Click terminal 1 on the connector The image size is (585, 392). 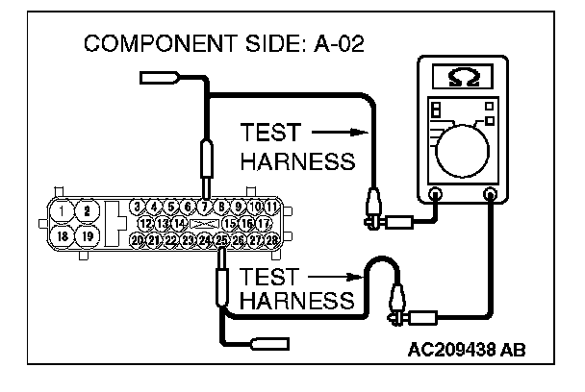point(62,209)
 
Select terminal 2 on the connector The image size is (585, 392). point(87,209)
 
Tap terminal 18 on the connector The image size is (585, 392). point(62,235)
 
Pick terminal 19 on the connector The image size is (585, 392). point(87,235)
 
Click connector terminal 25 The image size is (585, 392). point(222,239)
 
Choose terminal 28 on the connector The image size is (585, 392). point(272,239)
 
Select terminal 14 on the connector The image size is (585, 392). point(180,223)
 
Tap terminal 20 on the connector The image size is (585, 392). point(138,239)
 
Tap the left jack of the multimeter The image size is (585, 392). point(436,195)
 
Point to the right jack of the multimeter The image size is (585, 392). point(492,195)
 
